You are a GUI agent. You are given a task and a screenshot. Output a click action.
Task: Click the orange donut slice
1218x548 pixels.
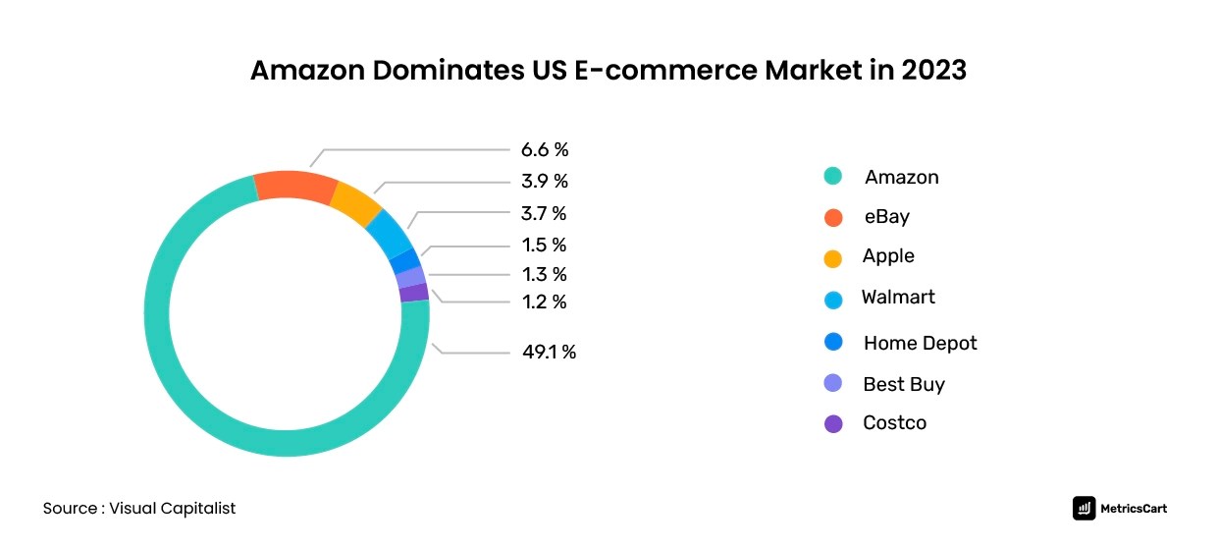pyautogui.click(x=296, y=187)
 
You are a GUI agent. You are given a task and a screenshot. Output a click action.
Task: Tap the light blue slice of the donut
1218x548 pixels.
pyautogui.click(x=389, y=232)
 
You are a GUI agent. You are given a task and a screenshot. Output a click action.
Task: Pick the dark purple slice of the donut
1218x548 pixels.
pyautogui.click(x=414, y=292)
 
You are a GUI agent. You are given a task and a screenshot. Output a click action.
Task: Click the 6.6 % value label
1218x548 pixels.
pyautogui.click(x=545, y=150)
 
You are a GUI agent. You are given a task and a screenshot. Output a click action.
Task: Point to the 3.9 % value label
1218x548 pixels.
pyautogui.click(x=545, y=182)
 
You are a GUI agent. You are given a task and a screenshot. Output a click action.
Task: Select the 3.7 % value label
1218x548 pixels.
pyautogui.click(x=544, y=213)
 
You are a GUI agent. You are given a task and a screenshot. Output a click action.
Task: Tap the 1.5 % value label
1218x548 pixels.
pyautogui.click(x=544, y=245)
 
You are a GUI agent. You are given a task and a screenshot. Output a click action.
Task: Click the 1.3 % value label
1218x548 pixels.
pyautogui.click(x=544, y=274)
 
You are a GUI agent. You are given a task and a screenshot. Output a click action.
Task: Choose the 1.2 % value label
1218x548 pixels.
pyautogui.click(x=544, y=301)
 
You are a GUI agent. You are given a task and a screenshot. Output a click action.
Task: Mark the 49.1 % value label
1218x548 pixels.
pyautogui.click(x=549, y=352)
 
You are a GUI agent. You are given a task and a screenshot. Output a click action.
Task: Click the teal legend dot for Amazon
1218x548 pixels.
pyautogui.click(x=833, y=177)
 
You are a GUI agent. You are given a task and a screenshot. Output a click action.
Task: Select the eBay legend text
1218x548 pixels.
pyautogui.click(x=886, y=217)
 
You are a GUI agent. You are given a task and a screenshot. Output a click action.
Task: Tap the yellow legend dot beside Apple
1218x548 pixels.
pyautogui.click(x=833, y=258)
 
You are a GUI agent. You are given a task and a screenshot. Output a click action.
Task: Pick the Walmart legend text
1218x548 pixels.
pyautogui.click(x=898, y=297)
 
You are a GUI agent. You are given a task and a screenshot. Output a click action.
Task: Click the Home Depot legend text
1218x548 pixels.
pyautogui.click(x=920, y=343)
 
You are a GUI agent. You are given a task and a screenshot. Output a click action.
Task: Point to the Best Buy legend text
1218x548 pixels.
pyautogui.click(x=903, y=384)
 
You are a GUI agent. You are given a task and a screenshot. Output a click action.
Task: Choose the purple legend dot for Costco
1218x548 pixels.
pyautogui.click(x=833, y=424)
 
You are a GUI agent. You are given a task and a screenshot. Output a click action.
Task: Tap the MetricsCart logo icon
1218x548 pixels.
pyautogui.click(x=1085, y=508)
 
